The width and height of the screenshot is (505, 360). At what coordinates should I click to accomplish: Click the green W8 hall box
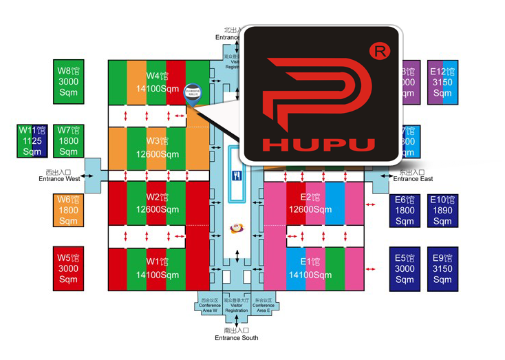68,81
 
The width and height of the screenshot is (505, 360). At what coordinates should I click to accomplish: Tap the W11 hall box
32,140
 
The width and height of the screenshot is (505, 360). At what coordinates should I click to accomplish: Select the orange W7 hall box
68,140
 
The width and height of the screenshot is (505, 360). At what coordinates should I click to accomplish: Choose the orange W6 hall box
68,210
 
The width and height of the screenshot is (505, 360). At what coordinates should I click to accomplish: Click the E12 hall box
442,82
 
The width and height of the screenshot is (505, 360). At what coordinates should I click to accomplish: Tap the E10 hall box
442,210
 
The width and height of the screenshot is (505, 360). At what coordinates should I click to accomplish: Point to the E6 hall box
405,210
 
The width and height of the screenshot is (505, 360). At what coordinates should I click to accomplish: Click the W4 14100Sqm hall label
158,82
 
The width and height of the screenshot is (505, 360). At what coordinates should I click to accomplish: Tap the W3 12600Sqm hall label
158,148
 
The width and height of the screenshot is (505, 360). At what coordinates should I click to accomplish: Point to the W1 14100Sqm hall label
158,268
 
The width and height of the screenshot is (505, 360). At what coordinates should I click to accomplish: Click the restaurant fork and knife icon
237,175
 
